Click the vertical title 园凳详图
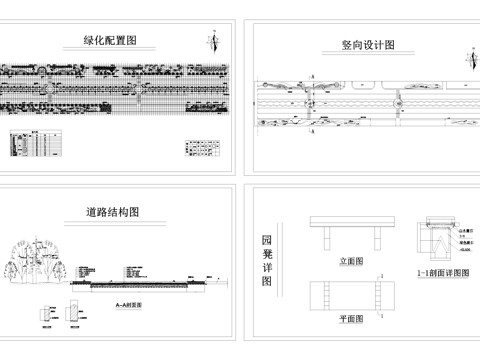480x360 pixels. [x=266, y=261]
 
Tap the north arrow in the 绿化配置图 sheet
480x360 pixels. [x=213, y=41]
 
